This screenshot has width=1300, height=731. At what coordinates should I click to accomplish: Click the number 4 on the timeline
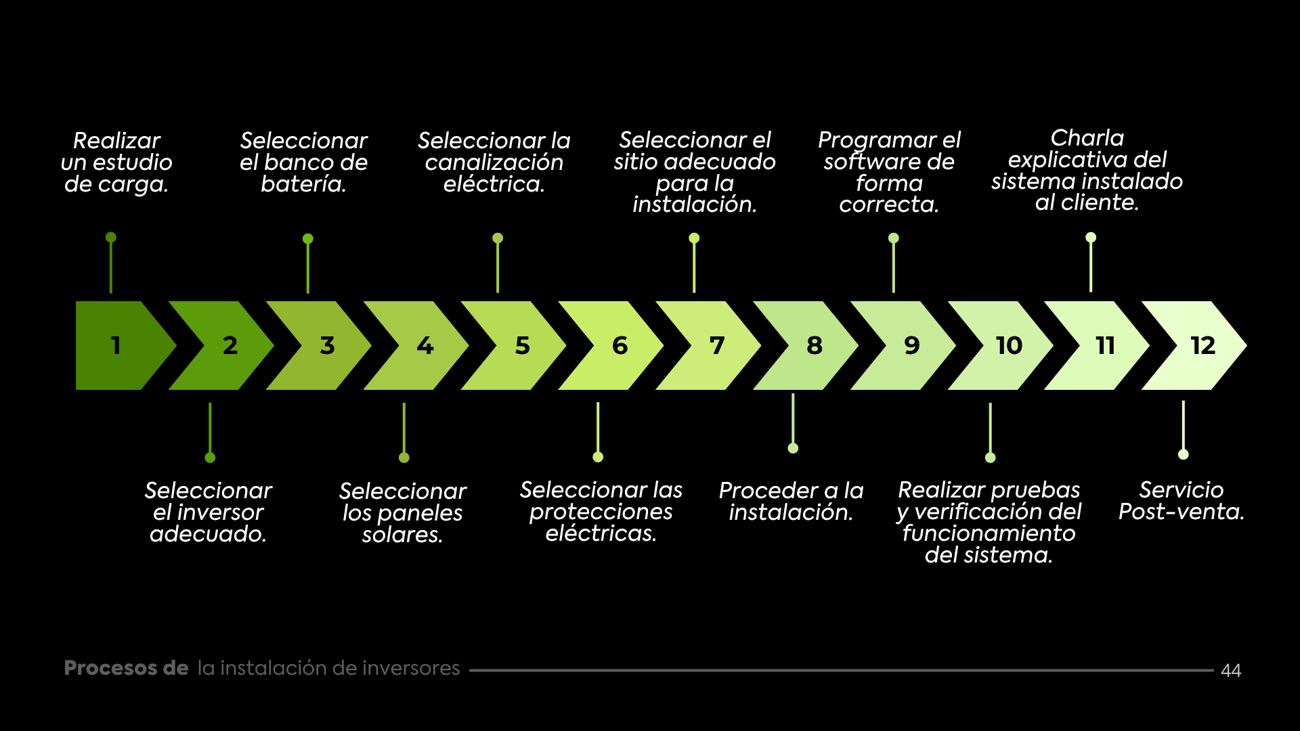click(x=425, y=345)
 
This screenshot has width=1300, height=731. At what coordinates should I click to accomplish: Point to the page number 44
click(x=1230, y=670)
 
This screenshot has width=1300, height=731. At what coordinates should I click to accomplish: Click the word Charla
click(x=1087, y=138)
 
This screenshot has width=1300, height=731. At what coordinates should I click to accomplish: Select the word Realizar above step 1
click(x=116, y=141)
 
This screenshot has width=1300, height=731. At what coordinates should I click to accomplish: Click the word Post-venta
click(x=1181, y=512)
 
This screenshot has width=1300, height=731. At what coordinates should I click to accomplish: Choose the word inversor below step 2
click(x=219, y=512)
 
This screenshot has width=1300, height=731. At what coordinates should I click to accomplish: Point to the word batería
click(x=303, y=184)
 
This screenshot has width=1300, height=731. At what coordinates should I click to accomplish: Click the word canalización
click(x=494, y=162)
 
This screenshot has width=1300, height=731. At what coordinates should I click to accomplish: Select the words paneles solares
click(x=402, y=524)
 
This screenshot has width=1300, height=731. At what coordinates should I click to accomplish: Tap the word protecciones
click(x=601, y=512)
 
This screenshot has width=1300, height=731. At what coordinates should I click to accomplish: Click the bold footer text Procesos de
click(x=126, y=668)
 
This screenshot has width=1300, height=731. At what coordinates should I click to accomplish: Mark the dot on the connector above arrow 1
click(x=111, y=238)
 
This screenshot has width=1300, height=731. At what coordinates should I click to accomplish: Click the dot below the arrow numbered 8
click(x=793, y=448)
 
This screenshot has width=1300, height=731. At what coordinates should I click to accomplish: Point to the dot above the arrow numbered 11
click(x=1090, y=238)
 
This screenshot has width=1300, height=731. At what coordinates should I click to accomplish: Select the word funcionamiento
click(x=989, y=533)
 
